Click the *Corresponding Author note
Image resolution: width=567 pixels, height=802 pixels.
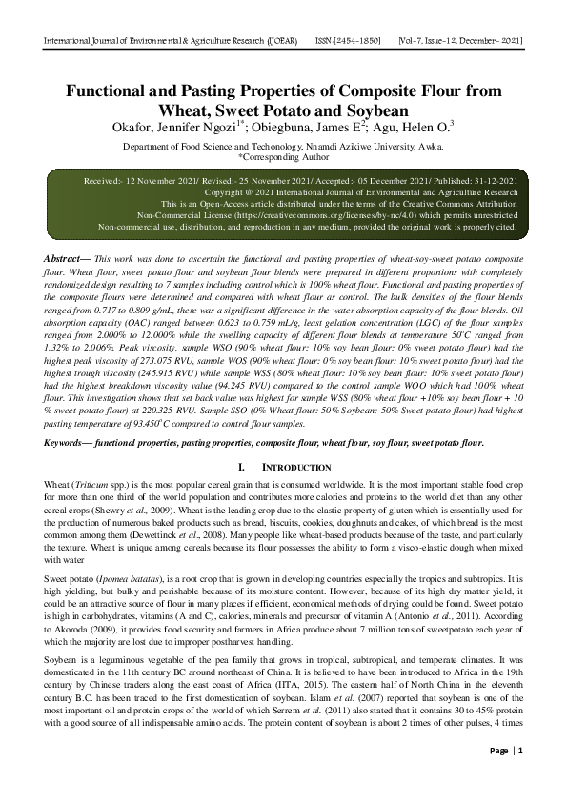coord(283,160)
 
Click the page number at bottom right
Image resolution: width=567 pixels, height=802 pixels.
coord(520,777)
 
